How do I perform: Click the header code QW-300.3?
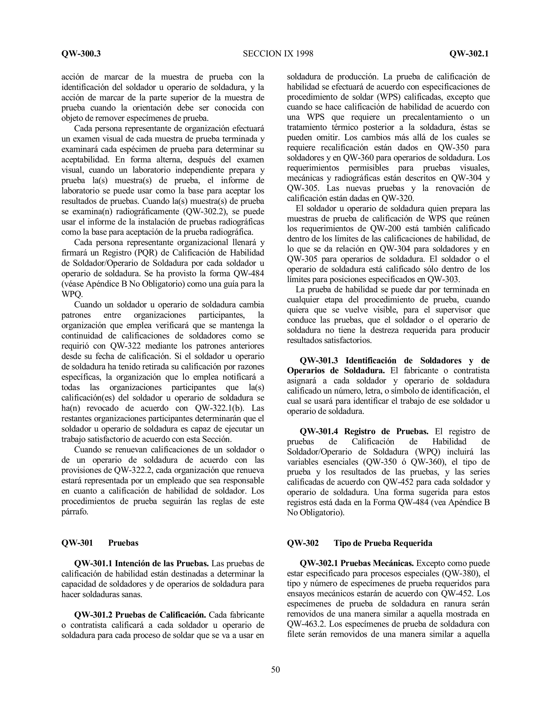pyautogui.click(x=81, y=54)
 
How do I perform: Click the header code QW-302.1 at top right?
pyautogui.click(x=469, y=54)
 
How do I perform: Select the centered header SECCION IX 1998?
pyautogui.click(x=278, y=54)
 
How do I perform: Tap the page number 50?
pyautogui.click(x=275, y=670)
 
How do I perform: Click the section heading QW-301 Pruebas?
pyautogui.click(x=100, y=543)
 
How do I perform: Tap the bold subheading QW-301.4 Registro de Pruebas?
pyautogui.click(x=364, y=432)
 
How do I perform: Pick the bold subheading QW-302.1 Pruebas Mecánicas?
pyautogui.click(x=357, y=563)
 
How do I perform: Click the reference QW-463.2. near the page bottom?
pyautogui.click(x=306, y=624)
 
